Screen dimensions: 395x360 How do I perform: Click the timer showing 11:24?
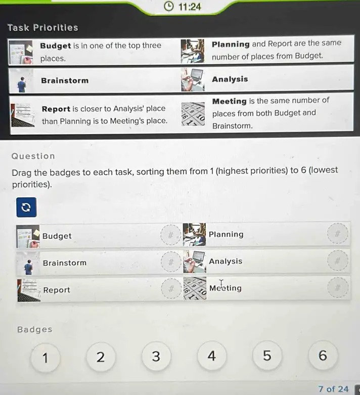tap(183, 7)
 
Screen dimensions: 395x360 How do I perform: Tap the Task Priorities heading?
tap(43, 28)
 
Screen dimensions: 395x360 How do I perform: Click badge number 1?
tap(45, 358)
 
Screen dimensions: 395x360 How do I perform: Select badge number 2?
tap(101, 357)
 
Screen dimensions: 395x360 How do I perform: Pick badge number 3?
tap(156, 357)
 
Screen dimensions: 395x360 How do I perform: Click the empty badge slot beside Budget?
tap(171, 236)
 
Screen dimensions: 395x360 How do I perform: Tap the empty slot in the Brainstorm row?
tap(171, 262)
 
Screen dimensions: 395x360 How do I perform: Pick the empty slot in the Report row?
tap(171, 289)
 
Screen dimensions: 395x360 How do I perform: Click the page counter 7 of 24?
tap(333, 389)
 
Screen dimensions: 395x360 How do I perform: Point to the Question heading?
tap(33, 156)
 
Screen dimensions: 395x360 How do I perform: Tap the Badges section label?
tap(35, 330)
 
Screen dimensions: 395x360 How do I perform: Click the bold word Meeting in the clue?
tap(230, 101)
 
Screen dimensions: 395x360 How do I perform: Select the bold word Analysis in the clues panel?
tap(230, 79)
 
